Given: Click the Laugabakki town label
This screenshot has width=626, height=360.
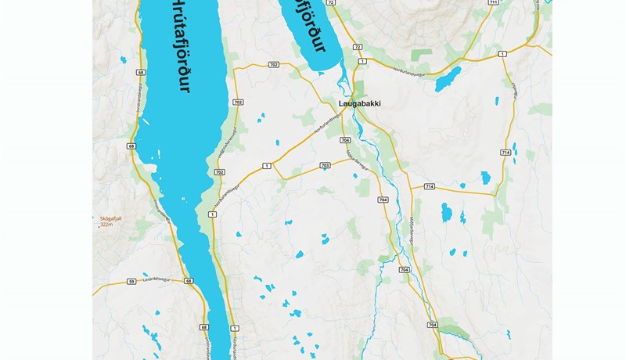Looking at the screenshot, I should pos(360,103).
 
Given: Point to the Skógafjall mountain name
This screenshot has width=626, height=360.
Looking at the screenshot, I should pos(112,218).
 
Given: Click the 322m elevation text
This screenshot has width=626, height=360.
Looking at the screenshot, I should pos(106,225).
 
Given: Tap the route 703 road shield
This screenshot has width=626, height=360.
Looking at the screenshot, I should pos(325,166).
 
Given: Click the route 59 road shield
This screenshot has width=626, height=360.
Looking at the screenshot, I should pos(131,281).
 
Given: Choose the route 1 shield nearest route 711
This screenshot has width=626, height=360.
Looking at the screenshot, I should pos(502,53).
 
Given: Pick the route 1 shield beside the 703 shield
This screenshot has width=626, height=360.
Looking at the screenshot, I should pos(267,166).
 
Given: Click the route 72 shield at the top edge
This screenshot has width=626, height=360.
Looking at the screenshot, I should pos(332,3).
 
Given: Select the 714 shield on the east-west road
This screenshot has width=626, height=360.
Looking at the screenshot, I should pos(429,187).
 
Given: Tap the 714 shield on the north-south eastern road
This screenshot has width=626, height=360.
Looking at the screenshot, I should pos(505,152).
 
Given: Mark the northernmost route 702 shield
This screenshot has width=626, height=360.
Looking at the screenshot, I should pos(273,64).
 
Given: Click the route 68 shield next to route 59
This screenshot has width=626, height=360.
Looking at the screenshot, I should pos(189,281).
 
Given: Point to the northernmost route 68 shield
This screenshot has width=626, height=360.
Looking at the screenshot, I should pos(140,72).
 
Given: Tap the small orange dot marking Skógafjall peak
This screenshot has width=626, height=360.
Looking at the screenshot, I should pos(99,225).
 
